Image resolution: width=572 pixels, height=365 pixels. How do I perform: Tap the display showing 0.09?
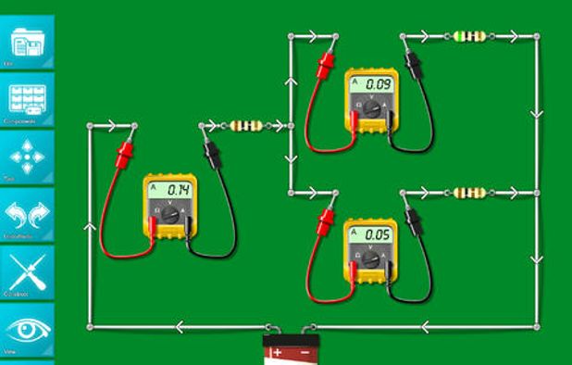(371, 84)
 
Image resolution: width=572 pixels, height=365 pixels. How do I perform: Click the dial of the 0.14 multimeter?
(169, 216)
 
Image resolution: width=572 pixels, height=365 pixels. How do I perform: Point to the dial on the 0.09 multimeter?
(371, 108)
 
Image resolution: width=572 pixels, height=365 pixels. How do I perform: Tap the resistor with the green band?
(470, 37)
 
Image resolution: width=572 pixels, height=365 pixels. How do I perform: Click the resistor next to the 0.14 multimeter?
(244, 125)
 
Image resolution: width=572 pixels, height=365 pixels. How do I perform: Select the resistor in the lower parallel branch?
(470, 193)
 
